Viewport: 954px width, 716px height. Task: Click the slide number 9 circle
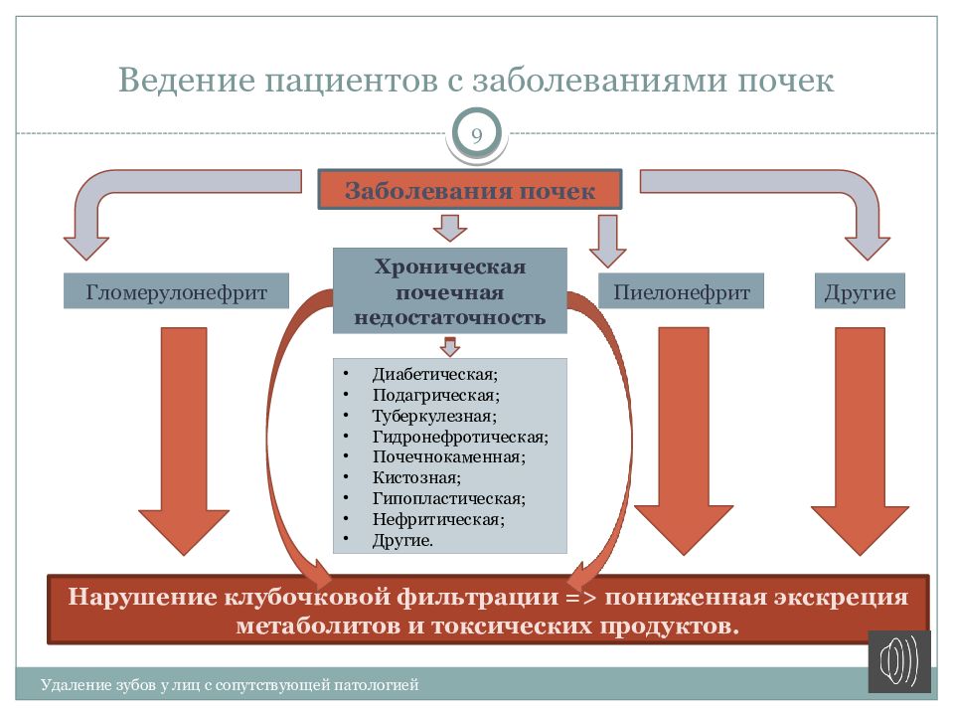coord(477,135)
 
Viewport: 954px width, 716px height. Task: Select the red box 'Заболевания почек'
coord(470,190)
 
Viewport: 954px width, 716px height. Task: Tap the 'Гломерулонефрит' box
coord(177,292)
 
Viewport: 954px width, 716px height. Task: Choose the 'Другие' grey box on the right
coord(861,292)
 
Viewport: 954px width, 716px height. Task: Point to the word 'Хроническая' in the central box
coord(449,268)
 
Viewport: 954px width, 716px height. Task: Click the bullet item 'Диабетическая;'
coord(434,375)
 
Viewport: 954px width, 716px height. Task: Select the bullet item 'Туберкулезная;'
coord(434,416)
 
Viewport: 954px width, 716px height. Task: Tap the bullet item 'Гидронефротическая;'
coord(460,437)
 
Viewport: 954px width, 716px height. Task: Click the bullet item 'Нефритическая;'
coord(438,519)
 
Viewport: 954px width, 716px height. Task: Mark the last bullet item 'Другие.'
coord(402,540)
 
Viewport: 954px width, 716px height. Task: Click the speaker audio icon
coord(899,661)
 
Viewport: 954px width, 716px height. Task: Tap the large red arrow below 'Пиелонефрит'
coord(683,438)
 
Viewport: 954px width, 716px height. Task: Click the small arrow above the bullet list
coord(450,346)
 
